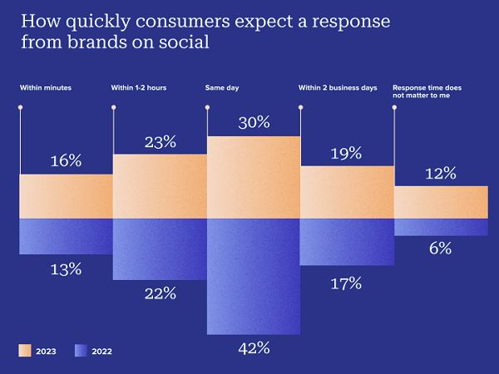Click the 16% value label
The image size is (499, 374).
(66, 161)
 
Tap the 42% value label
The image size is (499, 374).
(253, 347)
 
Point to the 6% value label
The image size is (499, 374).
(441, 248)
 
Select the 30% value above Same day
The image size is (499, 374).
(253, 122)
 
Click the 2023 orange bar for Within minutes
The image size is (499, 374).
(66, 196)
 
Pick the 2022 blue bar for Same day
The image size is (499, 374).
(253, 274)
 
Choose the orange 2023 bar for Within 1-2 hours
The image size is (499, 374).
(159, 186)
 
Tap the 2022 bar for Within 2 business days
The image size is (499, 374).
(347, 241)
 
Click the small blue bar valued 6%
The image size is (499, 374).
(441, 227)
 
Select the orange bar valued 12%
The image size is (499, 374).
(441, 202)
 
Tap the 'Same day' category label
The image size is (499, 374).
(222, 87)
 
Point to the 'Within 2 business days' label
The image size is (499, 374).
(338, 87)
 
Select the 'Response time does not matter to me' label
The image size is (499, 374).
(430, 91)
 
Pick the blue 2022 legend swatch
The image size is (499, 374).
(81, 350)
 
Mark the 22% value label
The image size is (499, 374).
(159, 293)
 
